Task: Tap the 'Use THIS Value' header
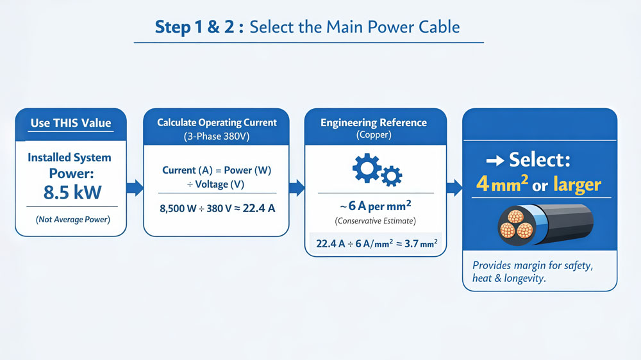(71, 123)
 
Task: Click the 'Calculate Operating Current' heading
(217, 122)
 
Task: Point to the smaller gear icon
(392, 175)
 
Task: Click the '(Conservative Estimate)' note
(375, 221)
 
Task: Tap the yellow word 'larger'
(576, 185)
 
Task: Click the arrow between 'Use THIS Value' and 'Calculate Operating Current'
(135, 188)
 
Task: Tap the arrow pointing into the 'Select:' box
(454, 188)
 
